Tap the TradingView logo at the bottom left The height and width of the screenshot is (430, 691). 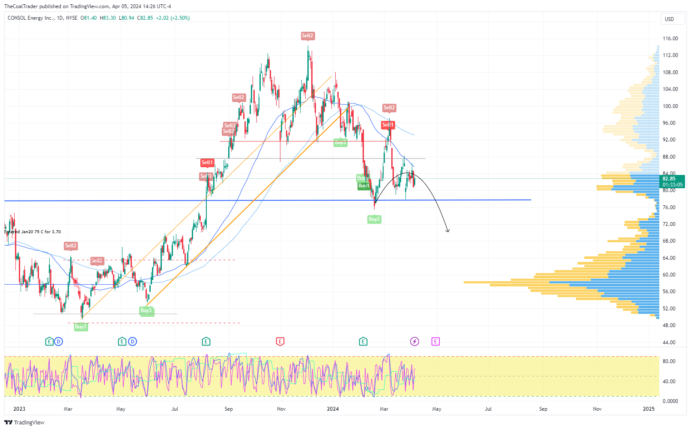point(24,422)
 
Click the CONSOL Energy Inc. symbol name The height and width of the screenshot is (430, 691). point(31,18)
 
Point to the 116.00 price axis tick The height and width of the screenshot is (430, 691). point(670,39)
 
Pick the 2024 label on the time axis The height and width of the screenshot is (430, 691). point(333,409)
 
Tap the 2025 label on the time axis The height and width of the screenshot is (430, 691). point(649,409)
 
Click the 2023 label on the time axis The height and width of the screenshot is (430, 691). point(19,409)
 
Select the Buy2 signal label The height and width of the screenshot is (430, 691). point(374,219)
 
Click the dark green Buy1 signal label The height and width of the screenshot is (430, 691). point(363,186)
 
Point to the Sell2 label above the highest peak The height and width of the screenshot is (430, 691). point(307,36)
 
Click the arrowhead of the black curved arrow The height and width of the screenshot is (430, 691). point(447,231)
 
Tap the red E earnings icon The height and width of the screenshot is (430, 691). point(280,342)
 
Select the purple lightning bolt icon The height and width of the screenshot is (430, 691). point(414,342)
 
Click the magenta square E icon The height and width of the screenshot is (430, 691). point(435,342)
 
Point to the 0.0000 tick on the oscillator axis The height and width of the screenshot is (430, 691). point(670,401)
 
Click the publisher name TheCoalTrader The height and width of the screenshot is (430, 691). point(21,6)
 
